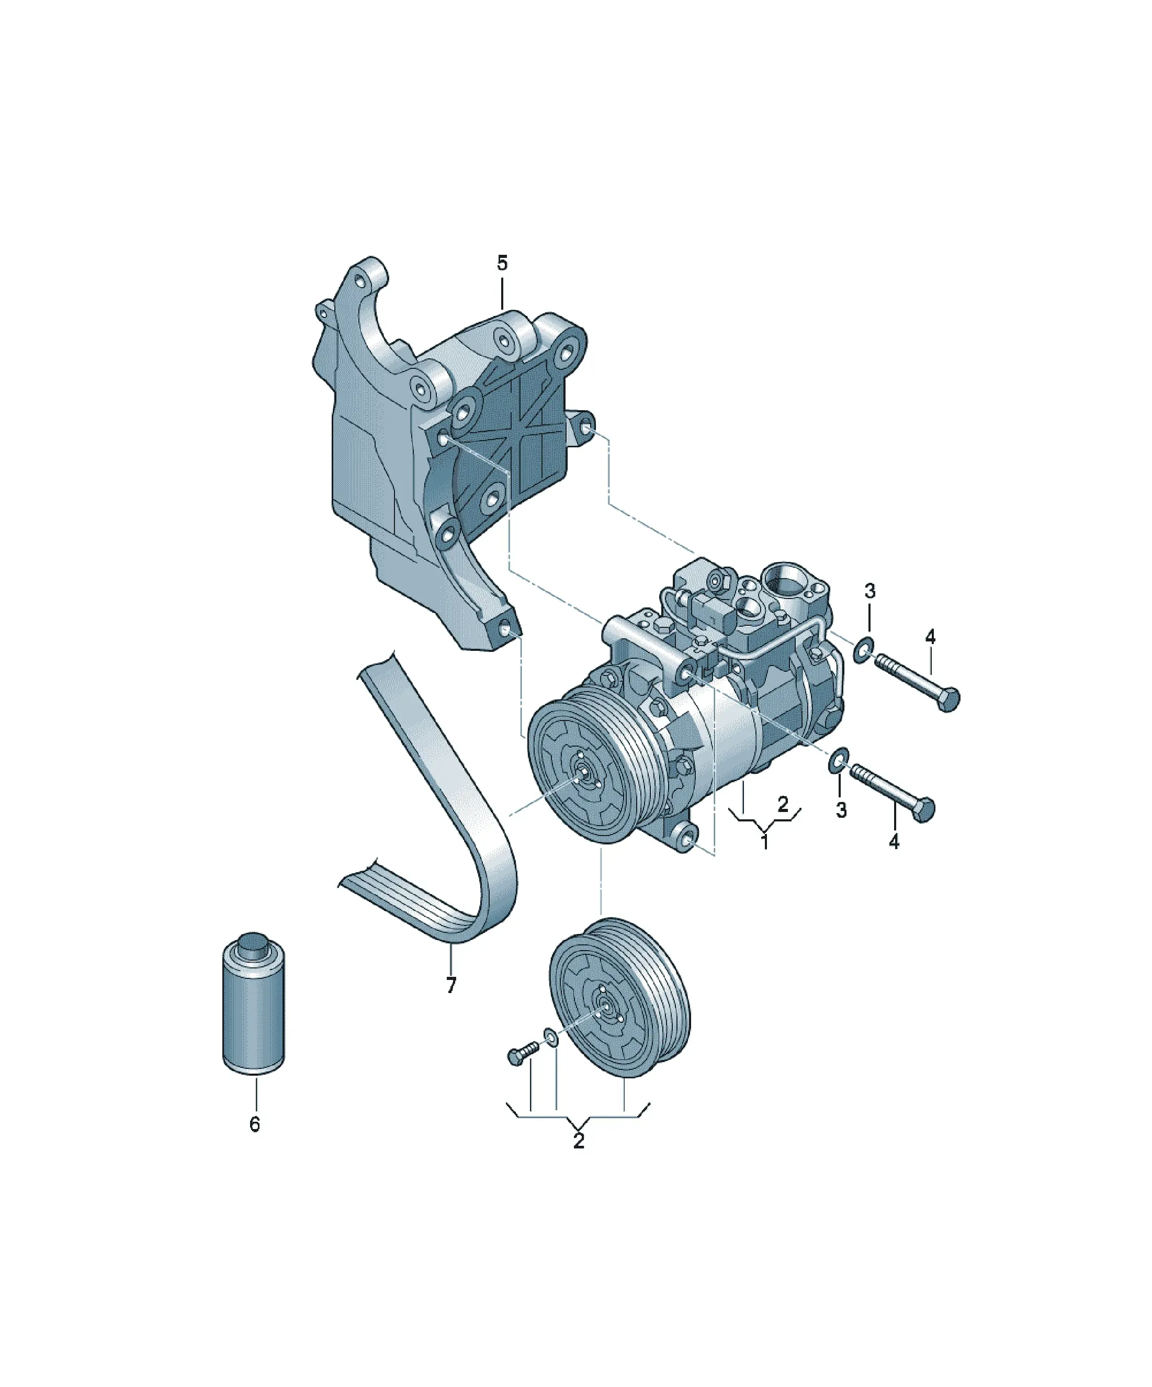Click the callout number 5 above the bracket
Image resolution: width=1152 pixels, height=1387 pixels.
(x=502, y=264)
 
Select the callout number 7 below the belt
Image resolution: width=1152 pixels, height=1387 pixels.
(x=451, y=1003)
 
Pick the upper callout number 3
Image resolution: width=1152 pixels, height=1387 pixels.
(x=870, y=591)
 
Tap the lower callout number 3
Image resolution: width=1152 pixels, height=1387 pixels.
(x=841, y=810)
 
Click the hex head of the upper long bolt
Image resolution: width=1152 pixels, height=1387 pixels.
(x=947, y=700)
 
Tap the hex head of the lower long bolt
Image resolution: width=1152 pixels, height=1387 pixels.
(x=924, y=810)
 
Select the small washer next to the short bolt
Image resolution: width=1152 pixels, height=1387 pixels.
(x=551, y=1037)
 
